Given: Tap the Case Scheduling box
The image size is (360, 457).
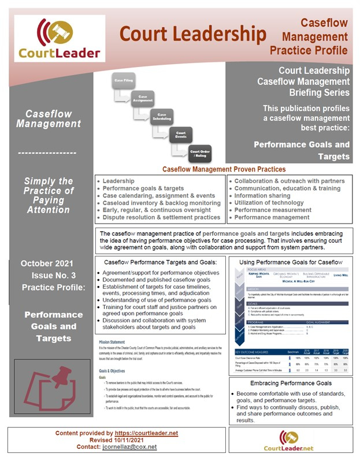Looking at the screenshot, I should pyautogui.click(x=162, y=117).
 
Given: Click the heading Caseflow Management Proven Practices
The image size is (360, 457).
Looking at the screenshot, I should pyautogui.click(x=223, y=169).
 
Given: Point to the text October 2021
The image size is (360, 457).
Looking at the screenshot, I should pyautogui.click(x=48, y=263).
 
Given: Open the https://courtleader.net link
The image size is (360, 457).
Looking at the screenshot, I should pyautogui.click(x=146, y=433).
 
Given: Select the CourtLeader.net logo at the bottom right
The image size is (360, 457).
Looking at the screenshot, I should pyautogui.click(x=288, y=440).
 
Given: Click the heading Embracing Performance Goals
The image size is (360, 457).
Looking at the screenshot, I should pyautogui.click(x=290, y=383).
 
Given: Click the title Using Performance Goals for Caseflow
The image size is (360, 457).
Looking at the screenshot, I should pyautogui.click(x=290, y=262).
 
